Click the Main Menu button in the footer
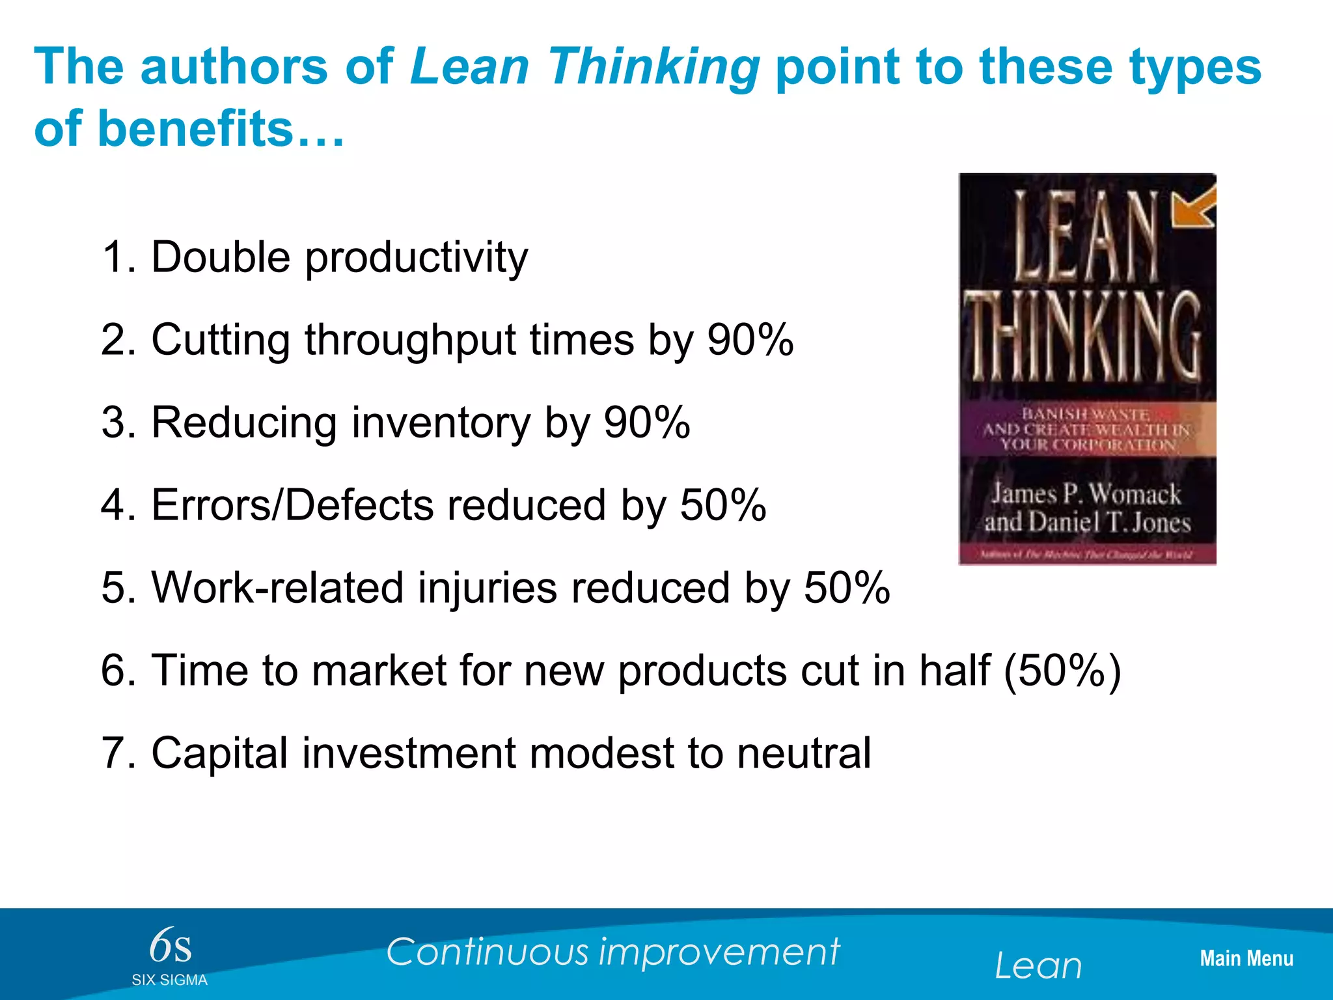[1246, 958]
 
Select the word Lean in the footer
[1038, 965]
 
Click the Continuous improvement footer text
[612, 952]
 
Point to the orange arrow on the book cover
[1193, 207]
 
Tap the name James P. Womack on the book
[1086, 494]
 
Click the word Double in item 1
[221, 257]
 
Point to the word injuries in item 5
[487, 588]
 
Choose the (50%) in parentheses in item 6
[1062, 671]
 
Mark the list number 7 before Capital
[112, 753]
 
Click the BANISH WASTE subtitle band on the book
[1087, 430]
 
